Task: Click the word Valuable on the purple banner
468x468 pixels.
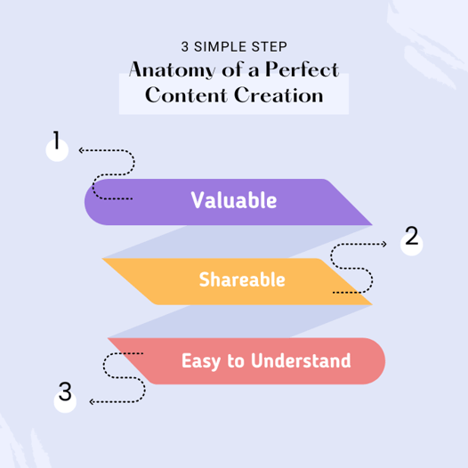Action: [x=234, y=200]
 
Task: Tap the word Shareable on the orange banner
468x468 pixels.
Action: [x=242, y=279]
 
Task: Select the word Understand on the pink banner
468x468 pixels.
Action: [x=301, y=360]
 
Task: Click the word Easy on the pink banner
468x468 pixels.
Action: [x=201, y=362]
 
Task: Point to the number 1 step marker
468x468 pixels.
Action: [x=57, y=140]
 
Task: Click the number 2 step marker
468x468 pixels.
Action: [x=412, y=236]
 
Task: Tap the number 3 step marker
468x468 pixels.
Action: [x=65, y=391]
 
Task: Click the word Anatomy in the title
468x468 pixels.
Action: [x=173, y=70]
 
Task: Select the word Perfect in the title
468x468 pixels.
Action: [x=302, y=69]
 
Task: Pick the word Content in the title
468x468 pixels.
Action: [x=186, y=95]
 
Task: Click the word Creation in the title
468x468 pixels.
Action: [x=278, y=95]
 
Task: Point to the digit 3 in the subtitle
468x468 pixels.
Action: [x=185, y=47]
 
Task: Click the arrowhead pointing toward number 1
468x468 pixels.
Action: [x=81, y=150]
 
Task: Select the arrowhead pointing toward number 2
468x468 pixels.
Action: [x=384, y=245]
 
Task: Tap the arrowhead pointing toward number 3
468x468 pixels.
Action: [x=92, y=402]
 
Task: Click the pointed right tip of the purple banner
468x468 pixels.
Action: [x=372, y=225]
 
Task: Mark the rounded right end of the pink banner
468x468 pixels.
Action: [x=385, y=361]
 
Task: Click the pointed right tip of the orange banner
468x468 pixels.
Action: [x=372, y=304]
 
